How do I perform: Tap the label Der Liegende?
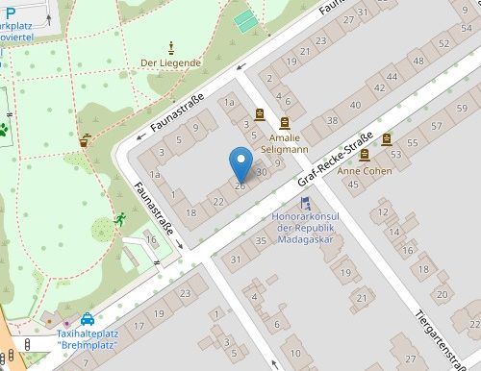[170, 63]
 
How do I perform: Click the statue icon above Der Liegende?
[171, 46]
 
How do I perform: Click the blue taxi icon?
[88, 319]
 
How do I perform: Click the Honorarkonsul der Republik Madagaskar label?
[305, 228]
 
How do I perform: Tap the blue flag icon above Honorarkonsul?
[305, 202]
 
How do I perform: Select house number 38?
[333, 121]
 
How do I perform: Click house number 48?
[418, 61]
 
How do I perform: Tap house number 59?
[463, 105]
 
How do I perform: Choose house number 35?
[260, 240]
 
